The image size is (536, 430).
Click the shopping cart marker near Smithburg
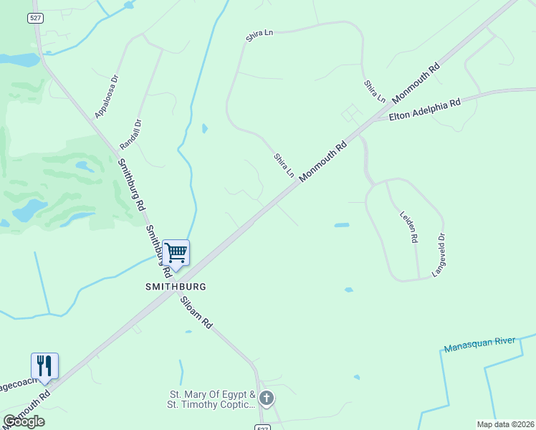point(176,252)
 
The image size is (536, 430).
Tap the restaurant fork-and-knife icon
point(44,365)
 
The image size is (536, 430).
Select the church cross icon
point(266,398)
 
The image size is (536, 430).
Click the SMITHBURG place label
point(176,286)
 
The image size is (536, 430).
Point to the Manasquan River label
point(479,345)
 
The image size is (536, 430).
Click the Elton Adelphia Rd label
point(424,110)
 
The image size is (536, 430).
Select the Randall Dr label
point(133,133)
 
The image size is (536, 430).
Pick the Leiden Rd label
point(408,226)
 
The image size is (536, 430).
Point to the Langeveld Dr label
point(439,255)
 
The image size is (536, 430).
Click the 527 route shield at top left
point(36,18)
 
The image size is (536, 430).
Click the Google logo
point(24,421)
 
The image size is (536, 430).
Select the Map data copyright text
point(505,424)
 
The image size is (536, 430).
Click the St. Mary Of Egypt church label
point(212,399)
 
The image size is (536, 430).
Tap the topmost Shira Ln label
point(260,34)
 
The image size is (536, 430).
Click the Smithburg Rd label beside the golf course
point(131,185)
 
